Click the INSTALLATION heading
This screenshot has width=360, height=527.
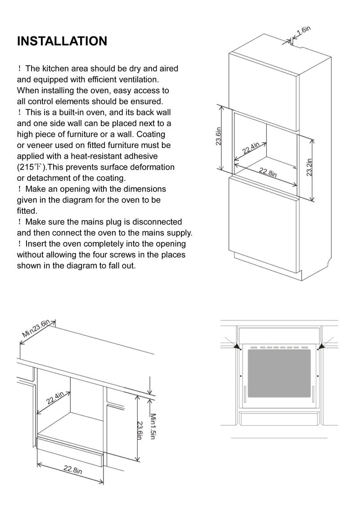pyautogui.click(x=62, y=41)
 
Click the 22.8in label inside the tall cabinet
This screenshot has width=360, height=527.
pyautogui.click(x=267, y=172)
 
